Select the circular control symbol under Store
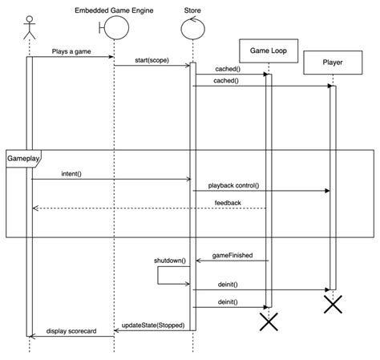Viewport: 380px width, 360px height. tap(192, 29)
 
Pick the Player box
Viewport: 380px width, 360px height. tap(333, 62)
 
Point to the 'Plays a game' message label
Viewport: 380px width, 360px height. tap(71, 50)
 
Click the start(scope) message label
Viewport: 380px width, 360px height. tap(152, 59)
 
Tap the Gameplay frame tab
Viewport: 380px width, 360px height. tap(22, 159)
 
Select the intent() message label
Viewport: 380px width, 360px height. tap(71, 173)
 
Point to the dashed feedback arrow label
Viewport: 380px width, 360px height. tap(228, 203)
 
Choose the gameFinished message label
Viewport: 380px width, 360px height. tap(232, 255)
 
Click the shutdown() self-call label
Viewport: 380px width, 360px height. tap(170, 261)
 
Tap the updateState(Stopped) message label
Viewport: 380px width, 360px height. tap(152, 326)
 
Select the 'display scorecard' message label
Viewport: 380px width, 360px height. tap(71, 330)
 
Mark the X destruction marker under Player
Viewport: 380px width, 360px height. tap(333, 304)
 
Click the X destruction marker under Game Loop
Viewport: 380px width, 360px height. tap(269, 321)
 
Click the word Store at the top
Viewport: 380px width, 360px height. tap(192, 10)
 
